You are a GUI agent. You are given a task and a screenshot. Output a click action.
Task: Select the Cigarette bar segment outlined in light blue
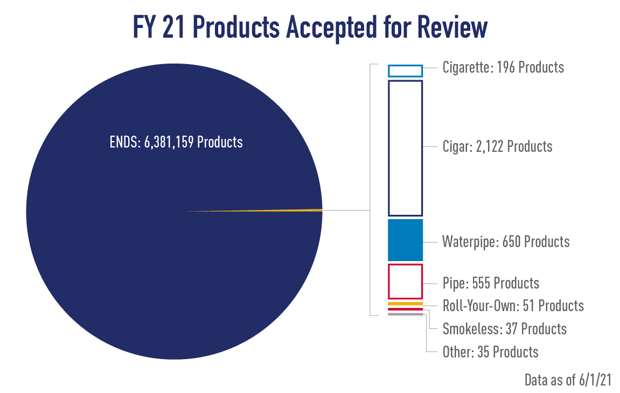point(405,71)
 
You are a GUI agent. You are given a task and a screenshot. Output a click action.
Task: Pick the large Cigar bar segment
point(405,148)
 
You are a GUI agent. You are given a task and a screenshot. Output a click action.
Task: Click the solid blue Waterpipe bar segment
point(405,240)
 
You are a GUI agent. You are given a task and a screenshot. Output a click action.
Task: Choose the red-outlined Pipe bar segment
point(405,281)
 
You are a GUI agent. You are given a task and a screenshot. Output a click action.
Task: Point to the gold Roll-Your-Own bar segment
point(405,304)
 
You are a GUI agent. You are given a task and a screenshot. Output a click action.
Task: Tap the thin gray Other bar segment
point(405,314)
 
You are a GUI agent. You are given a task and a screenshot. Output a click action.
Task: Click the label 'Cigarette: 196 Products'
point(503,67)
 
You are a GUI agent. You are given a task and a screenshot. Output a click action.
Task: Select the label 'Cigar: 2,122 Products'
point(497,146)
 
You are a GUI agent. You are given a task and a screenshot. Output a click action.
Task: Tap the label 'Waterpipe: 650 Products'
point(506,241)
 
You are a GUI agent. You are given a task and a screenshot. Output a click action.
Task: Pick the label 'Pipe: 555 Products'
point(490,283)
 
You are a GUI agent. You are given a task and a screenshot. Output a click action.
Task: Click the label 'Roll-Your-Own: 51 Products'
point(513,306)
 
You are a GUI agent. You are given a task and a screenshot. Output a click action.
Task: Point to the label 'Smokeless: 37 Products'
point(504,328)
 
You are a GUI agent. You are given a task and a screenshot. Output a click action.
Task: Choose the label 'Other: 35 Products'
point(490,352)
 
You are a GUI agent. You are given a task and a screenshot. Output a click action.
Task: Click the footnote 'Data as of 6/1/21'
point(567,380)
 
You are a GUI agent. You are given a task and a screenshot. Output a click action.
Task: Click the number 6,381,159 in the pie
point(168,142)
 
